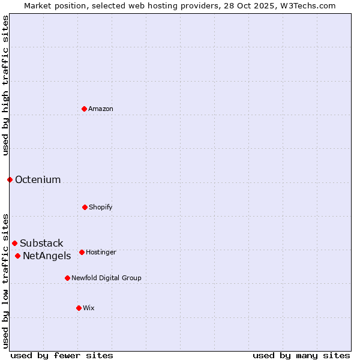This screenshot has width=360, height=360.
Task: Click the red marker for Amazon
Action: [84, 109]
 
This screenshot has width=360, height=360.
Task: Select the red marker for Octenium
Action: [10, 179]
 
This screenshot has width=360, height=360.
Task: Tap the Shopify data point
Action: [85, 207]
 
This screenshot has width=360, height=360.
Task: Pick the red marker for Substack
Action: [14, 243]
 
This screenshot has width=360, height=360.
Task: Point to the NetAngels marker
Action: [17, 256]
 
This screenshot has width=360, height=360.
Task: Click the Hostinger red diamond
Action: [82, 252]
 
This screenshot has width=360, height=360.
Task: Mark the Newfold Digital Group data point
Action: [67, 278]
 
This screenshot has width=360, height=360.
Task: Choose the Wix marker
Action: [79, 308]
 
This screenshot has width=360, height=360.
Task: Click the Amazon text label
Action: [101, 109]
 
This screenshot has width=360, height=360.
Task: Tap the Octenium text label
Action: [38, 179]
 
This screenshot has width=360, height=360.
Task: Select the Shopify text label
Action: [101, 207]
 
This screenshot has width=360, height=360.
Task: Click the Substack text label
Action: [41, 243]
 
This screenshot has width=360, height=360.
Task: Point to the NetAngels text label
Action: [47, 256]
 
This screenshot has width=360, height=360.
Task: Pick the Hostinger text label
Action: [101, 252]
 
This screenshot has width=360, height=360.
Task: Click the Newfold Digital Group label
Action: [106, 278]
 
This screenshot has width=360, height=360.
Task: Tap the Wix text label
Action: [89, 308]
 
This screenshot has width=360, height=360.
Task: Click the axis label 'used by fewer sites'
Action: [62, 355]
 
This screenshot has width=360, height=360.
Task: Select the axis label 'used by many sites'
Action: [301, 355]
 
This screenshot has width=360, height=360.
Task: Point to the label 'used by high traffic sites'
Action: [5, 86]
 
